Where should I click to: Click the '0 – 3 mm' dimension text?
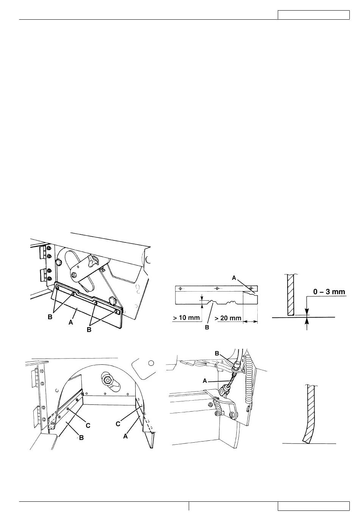pos(329,292)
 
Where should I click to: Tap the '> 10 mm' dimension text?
pos(186,318)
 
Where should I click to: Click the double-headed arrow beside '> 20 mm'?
pos(250,321)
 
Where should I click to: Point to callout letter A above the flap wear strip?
pos(234,278)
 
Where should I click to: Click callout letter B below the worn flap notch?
pos(207,328)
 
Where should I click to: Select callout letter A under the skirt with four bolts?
pos(71,323)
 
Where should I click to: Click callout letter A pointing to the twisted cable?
pos(205,381)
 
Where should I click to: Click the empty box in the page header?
pos(313,15)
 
